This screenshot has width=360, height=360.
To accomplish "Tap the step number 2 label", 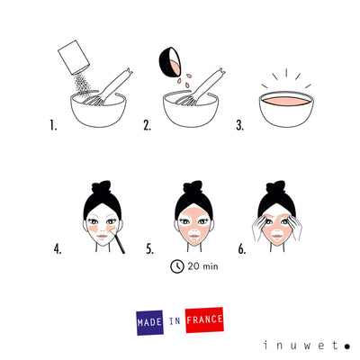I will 146,126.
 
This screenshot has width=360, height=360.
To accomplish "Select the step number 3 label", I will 240,126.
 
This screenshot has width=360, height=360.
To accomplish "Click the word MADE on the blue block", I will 148,321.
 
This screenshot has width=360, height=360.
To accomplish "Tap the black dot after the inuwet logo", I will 346,344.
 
